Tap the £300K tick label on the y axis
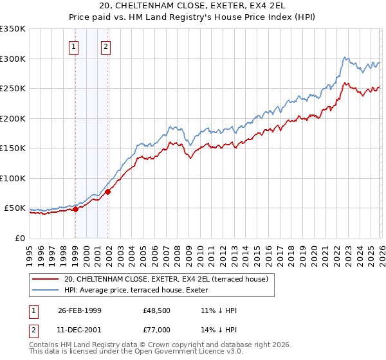coord(13,59)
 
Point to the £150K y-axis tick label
coord(13,148)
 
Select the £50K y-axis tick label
coord(15,208)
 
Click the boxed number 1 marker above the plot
coord(74,46)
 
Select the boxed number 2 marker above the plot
coord(105,46)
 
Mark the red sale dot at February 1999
coord(76,209)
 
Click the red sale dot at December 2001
coord(107,192)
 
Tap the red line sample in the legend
coord(45,278)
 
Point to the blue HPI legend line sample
coord(45,290)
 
